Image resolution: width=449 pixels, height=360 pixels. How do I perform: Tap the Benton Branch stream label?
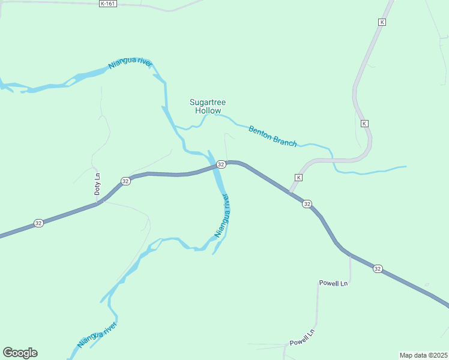point(273,136)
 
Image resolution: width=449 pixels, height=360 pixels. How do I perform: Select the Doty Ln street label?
point(97,184)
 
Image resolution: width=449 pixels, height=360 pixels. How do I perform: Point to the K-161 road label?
point(107,4)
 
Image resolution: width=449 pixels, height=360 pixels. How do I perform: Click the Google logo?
point(20,353)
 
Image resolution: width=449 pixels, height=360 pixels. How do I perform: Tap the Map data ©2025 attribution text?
point(423,355)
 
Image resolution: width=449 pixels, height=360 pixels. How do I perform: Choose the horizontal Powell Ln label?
point(333,283)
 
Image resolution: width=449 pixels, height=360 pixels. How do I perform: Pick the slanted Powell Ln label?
point(302,338)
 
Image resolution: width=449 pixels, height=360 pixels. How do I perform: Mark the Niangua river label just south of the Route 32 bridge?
point(222,215)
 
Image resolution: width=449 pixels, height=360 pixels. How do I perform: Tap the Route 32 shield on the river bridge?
point(221,164)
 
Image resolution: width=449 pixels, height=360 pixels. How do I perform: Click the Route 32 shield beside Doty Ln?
point(125,181)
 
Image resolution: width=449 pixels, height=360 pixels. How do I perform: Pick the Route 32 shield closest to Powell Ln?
point(377,269)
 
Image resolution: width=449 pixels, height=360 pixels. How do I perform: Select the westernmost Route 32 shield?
point(39,223)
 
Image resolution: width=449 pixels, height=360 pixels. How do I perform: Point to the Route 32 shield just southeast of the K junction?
point(307,204)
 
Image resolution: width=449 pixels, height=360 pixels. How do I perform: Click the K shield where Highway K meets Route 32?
point(298,178)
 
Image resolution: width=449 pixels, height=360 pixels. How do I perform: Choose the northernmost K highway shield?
point(381,22)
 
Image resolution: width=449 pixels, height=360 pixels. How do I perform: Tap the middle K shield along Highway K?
point(364,123)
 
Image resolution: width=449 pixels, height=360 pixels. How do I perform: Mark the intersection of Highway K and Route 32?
point(290,193)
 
